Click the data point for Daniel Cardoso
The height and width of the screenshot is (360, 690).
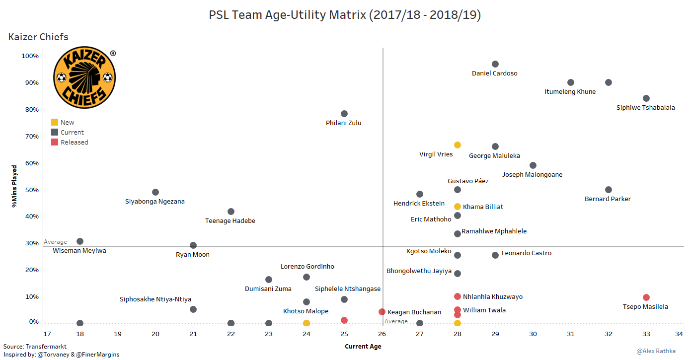[495, 64]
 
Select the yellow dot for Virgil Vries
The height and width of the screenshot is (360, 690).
[458, 145]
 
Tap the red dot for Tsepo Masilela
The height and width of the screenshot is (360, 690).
[646, 297]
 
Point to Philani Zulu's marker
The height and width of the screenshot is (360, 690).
[344, 114]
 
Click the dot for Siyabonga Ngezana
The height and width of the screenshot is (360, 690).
[155, 192]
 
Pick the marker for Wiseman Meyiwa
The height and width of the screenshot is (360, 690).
[80, 241]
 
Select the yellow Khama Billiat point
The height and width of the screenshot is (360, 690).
[458, 207]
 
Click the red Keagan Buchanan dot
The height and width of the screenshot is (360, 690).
[382, 312]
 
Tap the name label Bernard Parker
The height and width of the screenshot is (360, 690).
[608, 199]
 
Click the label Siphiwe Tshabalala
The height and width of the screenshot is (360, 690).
[645, 108]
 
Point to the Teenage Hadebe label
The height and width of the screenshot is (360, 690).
[230, 221]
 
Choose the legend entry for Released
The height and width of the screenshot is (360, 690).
[74, 143]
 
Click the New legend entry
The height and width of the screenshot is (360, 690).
[67, 123]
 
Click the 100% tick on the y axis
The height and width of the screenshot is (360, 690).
[30, 56]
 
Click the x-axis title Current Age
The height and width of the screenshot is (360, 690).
[363, 347]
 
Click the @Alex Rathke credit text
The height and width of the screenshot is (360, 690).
[656, 351]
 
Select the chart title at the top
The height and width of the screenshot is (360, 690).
[345, 15]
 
